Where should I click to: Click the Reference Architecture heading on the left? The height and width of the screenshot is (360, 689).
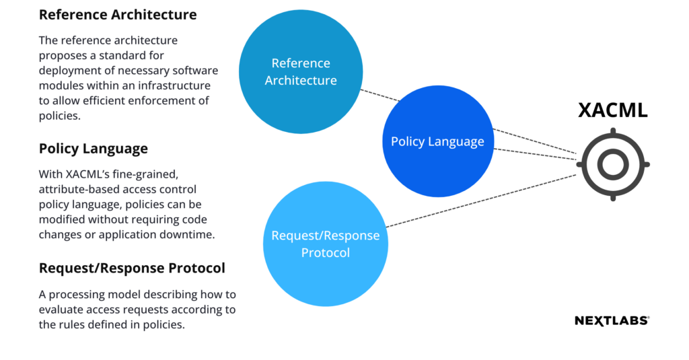tap(118, 15)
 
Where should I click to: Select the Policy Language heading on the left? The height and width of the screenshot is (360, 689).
tap(93, 149)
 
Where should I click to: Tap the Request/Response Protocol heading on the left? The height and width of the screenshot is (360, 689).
tap(132, 268)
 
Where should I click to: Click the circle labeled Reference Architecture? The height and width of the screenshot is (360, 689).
tap(301, 71)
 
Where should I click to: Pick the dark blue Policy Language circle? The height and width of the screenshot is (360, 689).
tap(438, 141)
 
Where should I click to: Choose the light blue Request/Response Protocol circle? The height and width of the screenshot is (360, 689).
tap(326, 244)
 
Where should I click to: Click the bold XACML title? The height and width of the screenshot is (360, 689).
tap(613, 110)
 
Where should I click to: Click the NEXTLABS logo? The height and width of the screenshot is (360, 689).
tap(612, 321)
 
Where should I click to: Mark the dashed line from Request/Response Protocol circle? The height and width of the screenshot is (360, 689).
tap(481, 201)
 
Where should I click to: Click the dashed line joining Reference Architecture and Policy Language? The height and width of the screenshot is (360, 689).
tap(380, 96)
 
